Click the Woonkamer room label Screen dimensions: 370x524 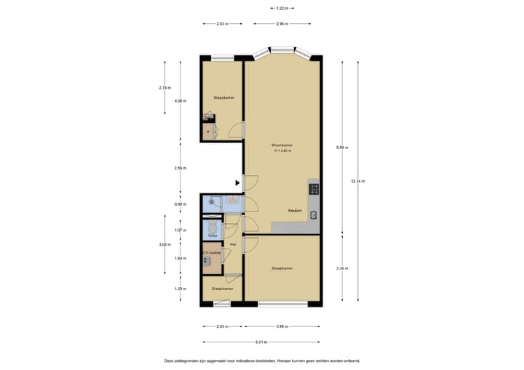tap(282, 145)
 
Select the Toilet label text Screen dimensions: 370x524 tap(213, 236)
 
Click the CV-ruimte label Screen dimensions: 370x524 tap(211, 252)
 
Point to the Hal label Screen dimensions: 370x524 tap(233, 244)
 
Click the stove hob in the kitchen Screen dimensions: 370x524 tap(314, 190)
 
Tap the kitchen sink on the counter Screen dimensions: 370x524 tap(314, 214)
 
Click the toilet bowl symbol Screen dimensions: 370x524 tap(213, 227)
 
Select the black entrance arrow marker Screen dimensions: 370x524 tap(237, 183)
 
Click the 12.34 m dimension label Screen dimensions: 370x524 tap(357, 181)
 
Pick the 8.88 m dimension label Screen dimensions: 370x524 tap(341, 148)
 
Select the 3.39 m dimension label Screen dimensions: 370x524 tap(341, 268)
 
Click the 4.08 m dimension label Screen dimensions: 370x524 tap(179, 101)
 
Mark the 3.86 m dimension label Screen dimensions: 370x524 tap(283, 326)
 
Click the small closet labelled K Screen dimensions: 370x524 tap(209, 132)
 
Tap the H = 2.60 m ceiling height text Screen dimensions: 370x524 tap(282, 151)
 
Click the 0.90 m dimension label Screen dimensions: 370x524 tap(179, 204)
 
